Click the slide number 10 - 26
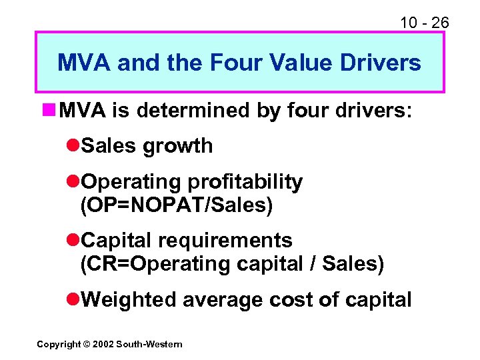[x=424, y=23]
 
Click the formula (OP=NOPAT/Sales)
[x=176, y=205]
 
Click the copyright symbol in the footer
[x=87, y=344]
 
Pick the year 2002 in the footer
[x=103, y=344]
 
